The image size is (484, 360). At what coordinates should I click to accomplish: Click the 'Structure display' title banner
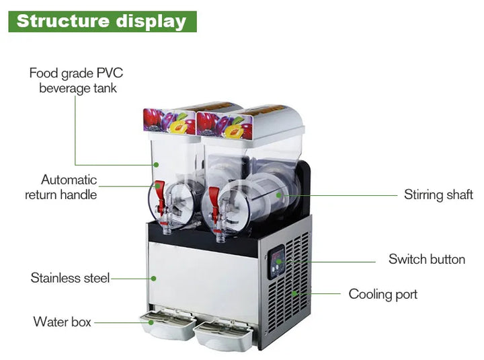point(102,21)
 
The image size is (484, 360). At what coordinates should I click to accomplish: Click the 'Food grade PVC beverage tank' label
point(76,80)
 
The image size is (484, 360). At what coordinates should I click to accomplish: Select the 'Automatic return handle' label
point(61,187)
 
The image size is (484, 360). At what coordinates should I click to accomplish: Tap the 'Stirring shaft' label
point(438,195)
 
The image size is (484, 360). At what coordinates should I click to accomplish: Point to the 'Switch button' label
point(426,259)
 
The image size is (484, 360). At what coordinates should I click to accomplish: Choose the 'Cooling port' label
point(382,294)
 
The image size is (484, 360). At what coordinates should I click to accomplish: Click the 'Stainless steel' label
point(70,277)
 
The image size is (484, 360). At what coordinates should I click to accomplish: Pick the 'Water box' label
point(62,322)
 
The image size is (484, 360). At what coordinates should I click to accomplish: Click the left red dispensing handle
point(159,189)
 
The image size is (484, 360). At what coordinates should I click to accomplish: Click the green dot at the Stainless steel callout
point(153,277)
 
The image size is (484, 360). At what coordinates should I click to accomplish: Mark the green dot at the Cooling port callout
point(293,293)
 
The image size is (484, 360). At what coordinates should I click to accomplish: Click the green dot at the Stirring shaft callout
point(285,195)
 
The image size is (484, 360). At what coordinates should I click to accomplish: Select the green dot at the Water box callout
point(152,322)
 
